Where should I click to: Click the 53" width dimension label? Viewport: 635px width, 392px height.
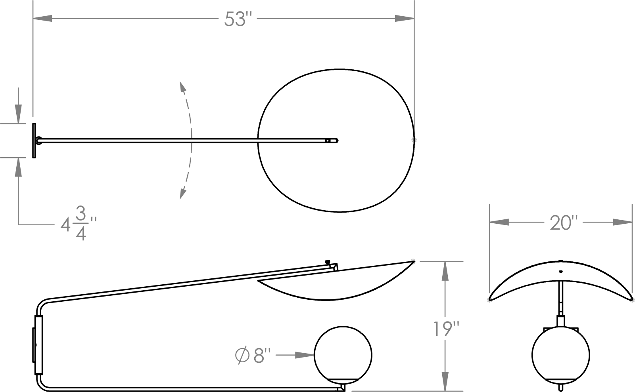pyautogui.click(x=238, y=19)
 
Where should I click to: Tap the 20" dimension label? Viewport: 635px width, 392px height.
pyautogui.click(x=564, y=223)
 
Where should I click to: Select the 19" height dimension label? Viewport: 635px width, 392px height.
pyautogui.click(x=446, y=329)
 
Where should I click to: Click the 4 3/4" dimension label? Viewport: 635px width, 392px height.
pyautogui.click(x=79, y=224)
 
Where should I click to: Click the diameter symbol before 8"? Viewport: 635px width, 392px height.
pyautogui.click(x=242, y=355)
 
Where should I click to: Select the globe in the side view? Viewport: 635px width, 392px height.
pyautogui.click(x=343, y=355)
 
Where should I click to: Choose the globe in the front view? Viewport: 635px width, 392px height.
pyautogui.click(x=561, y=355)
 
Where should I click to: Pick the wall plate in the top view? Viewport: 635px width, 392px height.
pyautogui.click(x=34, y=141)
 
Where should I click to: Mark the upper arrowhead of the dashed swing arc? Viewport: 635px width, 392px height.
pyautogui.click(x=182, y=87)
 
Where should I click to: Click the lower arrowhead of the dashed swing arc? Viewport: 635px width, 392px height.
pyautogui.click(x=182, y=194)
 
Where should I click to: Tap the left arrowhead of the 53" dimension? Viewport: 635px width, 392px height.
pyautogui.click(x=42, y=19)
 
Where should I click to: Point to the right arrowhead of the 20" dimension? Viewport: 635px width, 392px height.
pyautogui.click(x=623, y=222)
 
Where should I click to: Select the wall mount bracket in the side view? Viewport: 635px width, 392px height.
pyautogui.click(x=38, y=345)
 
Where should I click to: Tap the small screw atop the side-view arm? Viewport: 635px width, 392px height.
pyautogui.click(x=328, y=262)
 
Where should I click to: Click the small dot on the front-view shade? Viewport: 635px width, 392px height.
pyautogui.click(x=561, y=272)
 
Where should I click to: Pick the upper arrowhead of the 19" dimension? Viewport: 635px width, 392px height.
pyautogui.click(x=445, y=271)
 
